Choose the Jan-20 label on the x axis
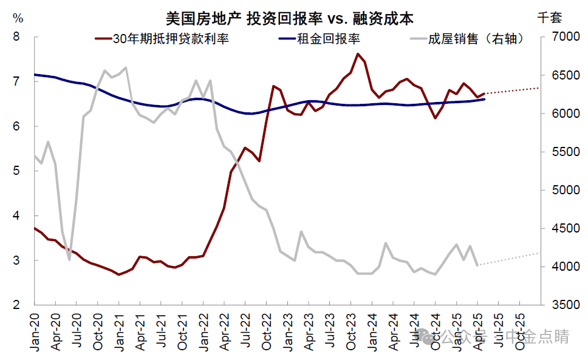pos(35,331)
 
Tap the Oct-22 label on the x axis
pos(266,331)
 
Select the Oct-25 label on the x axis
pos(519,331)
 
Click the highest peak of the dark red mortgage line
pos(358,53)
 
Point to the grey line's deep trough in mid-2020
pos(69,259)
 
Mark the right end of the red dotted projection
pos(539,88)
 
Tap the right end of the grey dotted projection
pos(539,253)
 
